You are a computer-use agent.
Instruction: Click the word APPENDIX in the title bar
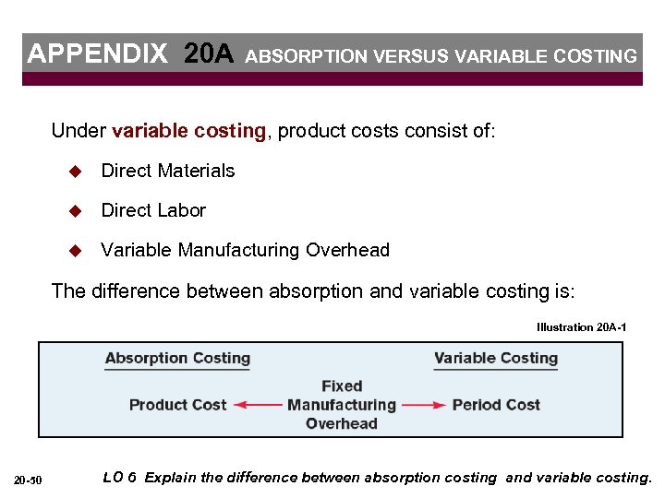click(98, 53)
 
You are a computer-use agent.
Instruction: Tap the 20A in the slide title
click(209, 53)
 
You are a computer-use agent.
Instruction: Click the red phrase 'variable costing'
click(188, 131)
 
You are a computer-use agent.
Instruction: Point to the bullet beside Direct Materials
click(77, 172)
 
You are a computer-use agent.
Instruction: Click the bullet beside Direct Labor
click(77, 211)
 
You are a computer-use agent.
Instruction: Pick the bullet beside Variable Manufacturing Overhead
click(77, 251)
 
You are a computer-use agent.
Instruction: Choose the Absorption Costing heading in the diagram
click(177, 359)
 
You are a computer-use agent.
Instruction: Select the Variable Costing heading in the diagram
click(496, 359)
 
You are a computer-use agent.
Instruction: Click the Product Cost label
click(177, 405)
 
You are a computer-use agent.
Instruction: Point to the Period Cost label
click(496, 405)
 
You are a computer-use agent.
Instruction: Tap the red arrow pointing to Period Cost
click(424, 405)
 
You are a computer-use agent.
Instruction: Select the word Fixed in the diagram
click(342, 385)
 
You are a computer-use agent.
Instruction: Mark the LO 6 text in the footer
click(119, 478)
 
